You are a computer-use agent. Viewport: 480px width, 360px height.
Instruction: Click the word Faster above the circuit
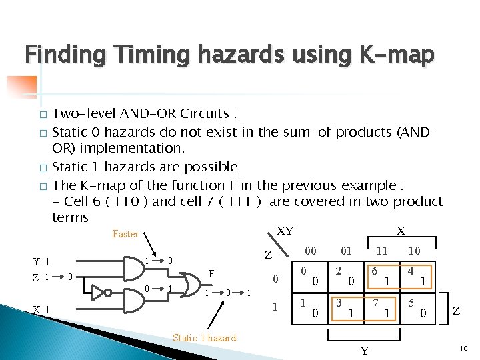[125, 234]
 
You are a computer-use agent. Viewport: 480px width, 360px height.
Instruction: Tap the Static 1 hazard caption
[205, 338]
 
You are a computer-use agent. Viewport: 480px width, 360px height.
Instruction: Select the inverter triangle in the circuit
[101, 291]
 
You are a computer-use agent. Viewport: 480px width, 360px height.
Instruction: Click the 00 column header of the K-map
[310, 251]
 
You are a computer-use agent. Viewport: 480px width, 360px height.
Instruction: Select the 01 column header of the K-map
[346, 251]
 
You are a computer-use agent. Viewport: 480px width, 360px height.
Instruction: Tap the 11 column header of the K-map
[383, 251]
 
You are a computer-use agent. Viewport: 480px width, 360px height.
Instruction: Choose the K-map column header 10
[413, 251]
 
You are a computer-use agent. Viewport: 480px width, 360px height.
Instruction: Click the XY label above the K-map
[285, 231]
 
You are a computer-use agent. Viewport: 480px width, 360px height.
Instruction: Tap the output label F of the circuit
[211, 273]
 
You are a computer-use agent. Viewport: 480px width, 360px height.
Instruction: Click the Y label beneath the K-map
[364, 349]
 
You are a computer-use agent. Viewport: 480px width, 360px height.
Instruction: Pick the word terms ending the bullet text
[70, 217]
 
